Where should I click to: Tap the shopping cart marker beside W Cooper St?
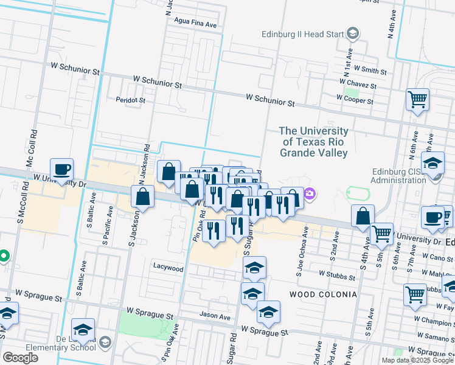click(417, 99)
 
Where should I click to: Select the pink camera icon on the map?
click(310, 194)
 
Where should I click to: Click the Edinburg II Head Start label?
click(303, 34)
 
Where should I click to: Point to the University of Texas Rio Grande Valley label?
click(314, 142)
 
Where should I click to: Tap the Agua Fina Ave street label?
click(195, 25)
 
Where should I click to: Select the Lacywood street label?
click(168, 268)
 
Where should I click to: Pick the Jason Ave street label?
click(215, 316)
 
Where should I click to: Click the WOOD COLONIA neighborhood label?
click(323, 294)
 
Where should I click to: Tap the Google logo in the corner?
click(20, 358)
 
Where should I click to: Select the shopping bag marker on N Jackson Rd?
click(143, 197)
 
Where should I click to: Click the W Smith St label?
click(370, 71)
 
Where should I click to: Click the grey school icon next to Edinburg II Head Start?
click(353, 34)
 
